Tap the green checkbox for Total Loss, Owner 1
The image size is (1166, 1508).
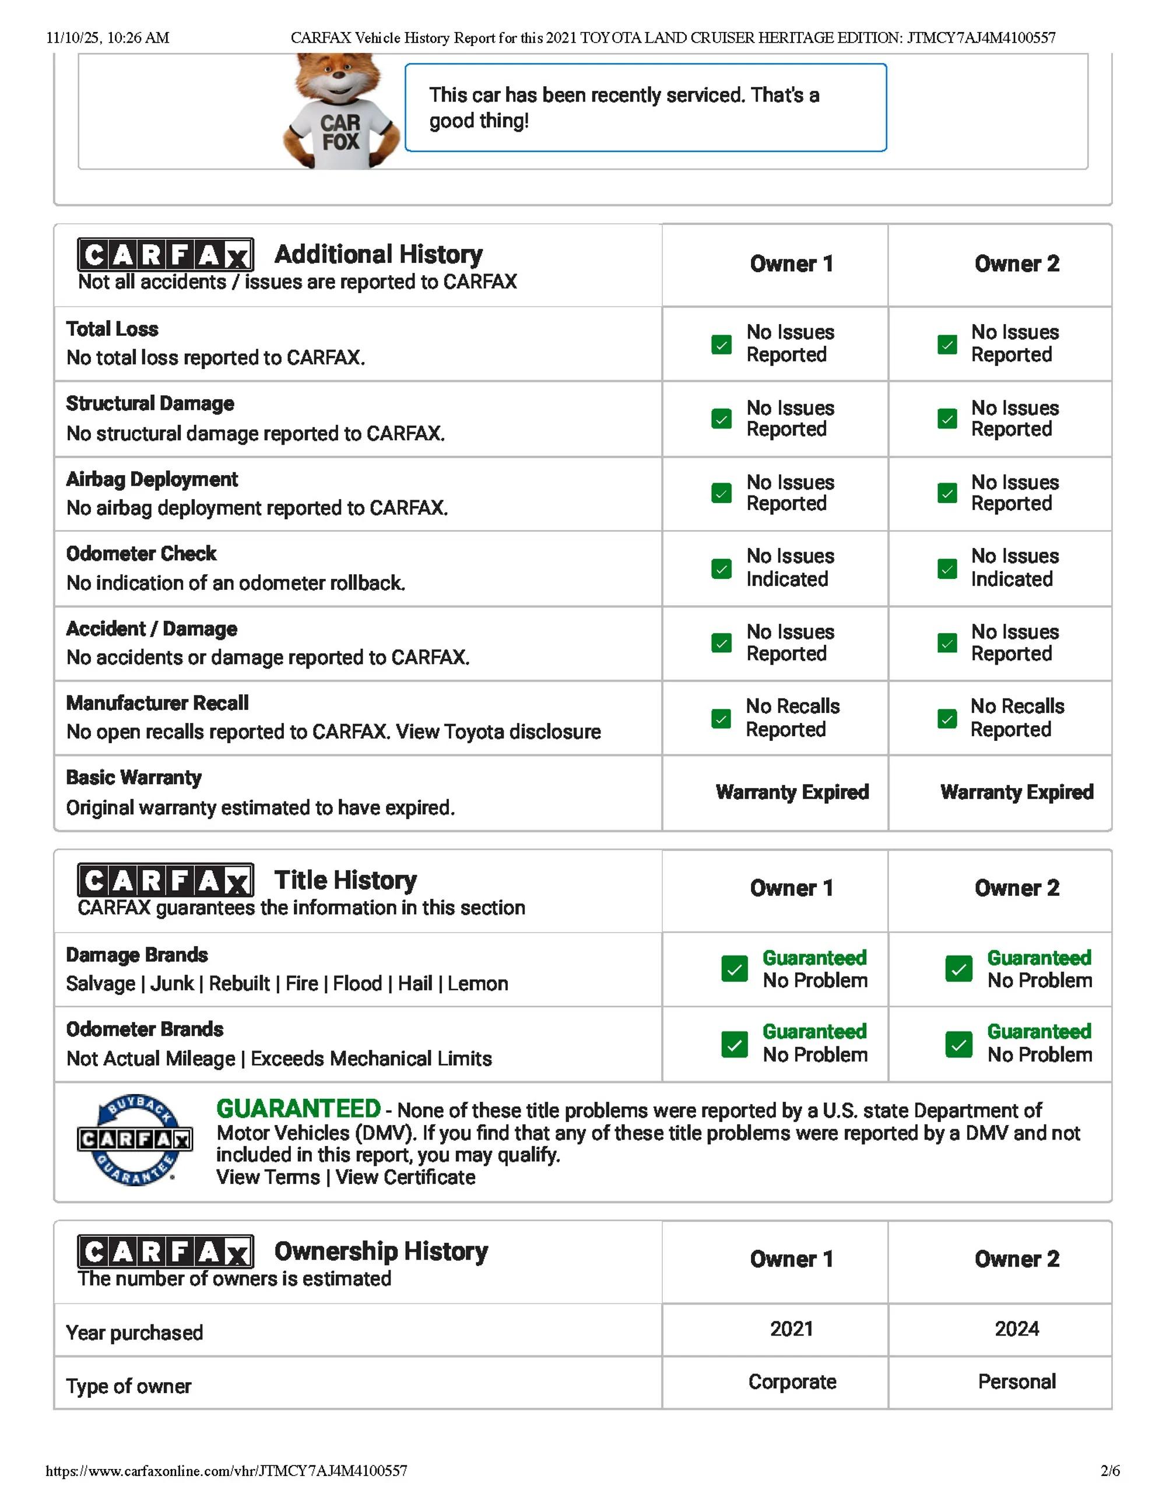click(721, 344)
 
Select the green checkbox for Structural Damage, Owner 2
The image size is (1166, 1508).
click(947, 419)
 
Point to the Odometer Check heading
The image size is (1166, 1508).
click(141, 554)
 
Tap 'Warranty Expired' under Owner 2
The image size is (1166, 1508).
click(1017, 792)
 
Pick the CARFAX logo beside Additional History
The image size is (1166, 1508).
click(165, 255)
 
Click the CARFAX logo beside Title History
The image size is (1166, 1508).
click(165, 880)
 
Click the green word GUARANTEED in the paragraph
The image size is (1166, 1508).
click(298, 1109)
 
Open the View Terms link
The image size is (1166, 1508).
click(268, 1177)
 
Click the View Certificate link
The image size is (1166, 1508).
click(405, 1177)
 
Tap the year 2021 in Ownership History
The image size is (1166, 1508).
click(792, 1328)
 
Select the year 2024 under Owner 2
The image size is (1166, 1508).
click(1017, 1328)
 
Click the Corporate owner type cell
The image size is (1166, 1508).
click(792, 1382)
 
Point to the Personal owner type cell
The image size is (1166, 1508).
click(1017, 1382)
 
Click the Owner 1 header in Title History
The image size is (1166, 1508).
click(792, 888)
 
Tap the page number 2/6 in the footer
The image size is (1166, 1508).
click(1110, 1471)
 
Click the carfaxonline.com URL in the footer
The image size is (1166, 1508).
click(227, 1471)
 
